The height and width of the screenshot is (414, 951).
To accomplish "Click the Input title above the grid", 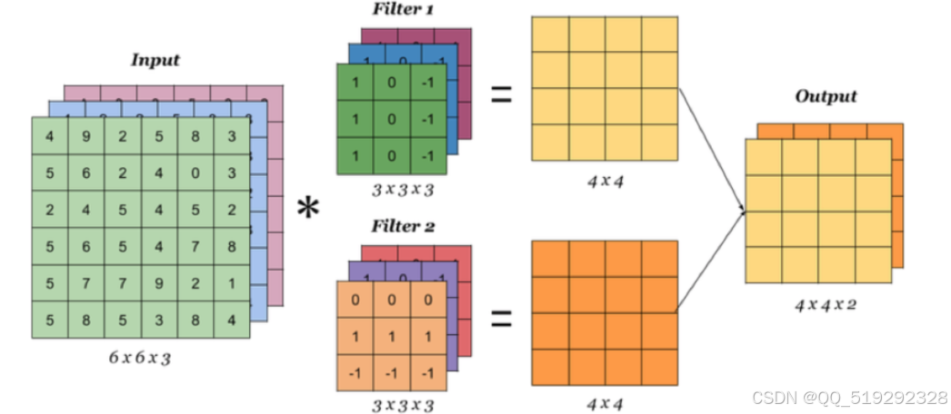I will (x=155, y=61).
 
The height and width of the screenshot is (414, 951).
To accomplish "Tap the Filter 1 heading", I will (x=398, y=10).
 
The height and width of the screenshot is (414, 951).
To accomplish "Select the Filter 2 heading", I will (x=398, y=227).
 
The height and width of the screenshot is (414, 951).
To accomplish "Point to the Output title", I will (x=825, y=96).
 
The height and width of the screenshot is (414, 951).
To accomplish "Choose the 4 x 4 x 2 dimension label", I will (x=824, y=304).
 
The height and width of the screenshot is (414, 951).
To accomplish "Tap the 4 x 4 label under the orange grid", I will (x=604, y=404).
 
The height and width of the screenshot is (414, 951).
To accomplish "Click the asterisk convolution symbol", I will (x=309, y=210).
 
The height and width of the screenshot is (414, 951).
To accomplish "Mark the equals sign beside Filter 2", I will (x=501, y=318).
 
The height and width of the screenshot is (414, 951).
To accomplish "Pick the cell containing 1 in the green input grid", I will (x=231, y=282).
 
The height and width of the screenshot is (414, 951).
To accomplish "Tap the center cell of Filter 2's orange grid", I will (x=391, y=335).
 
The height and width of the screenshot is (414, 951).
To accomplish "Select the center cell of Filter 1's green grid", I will (x=391, y=118).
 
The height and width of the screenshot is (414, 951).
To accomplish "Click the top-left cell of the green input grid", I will (x=50, y=137).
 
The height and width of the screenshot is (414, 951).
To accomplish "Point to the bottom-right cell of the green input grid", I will (x=231, y=319).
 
